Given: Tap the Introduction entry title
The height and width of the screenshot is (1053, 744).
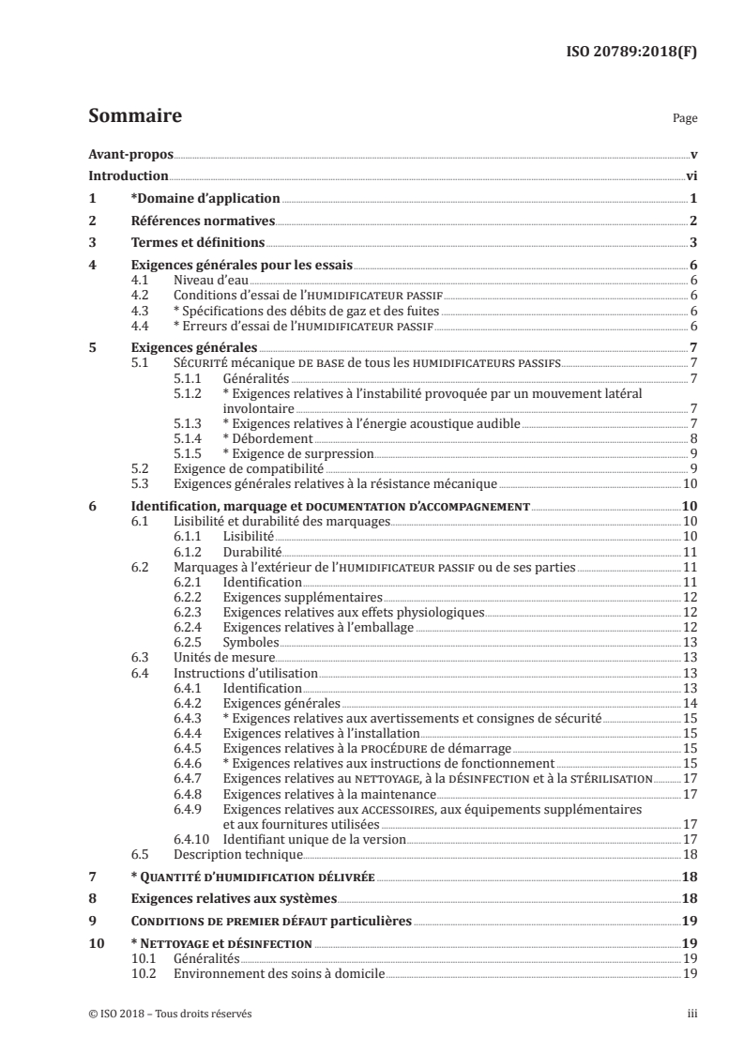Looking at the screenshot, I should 129,175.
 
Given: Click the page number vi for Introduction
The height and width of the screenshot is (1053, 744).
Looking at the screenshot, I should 691,175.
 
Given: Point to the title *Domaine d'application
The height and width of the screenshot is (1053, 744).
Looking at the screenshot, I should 205,198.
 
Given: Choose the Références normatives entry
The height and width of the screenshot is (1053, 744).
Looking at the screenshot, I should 202,221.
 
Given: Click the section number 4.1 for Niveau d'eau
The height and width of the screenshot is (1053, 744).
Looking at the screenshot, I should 141,280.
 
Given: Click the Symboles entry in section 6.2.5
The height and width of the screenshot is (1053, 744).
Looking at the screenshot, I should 251,643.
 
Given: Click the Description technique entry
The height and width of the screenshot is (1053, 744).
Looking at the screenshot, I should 238,855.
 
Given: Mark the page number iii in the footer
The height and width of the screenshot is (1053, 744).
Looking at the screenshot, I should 691,1014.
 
